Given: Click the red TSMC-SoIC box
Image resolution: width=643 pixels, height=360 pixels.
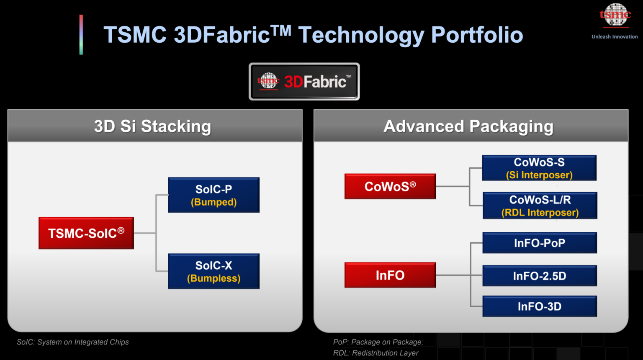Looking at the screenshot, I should point(86,233).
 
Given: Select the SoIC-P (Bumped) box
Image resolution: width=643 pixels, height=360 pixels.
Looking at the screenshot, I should point(213,195).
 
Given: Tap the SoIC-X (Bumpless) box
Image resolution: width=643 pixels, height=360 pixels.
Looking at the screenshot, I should point(213,271).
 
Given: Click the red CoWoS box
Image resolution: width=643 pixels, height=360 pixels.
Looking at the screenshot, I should point(390,186).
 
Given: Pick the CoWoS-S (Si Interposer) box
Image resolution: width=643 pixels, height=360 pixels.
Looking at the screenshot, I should point(539,168).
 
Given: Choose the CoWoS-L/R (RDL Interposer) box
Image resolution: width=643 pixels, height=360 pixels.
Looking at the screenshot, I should point(540,206).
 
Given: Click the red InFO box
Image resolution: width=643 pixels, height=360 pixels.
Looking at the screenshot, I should point(390,275).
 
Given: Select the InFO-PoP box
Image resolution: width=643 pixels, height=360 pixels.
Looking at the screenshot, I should point(540,243).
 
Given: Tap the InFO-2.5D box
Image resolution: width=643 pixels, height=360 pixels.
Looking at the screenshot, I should point(540,276).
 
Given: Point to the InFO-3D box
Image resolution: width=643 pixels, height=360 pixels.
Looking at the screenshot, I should point(540,306).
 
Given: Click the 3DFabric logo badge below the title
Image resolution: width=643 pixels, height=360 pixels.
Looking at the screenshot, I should point(304,82).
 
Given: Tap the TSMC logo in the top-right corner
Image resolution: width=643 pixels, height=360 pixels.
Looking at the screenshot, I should point(615,15).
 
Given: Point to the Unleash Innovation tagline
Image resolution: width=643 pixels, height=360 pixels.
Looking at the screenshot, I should point(615,37).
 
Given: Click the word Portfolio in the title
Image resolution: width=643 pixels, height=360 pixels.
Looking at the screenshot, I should point(477,35).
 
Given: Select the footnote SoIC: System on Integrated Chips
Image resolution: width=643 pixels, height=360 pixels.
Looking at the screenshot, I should point(73,342).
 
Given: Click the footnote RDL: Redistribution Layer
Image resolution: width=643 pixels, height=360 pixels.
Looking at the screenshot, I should point(376,353).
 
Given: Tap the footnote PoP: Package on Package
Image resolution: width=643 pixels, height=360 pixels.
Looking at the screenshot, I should point(378,342).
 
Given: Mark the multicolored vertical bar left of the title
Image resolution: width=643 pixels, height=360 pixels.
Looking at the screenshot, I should point(81,35).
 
